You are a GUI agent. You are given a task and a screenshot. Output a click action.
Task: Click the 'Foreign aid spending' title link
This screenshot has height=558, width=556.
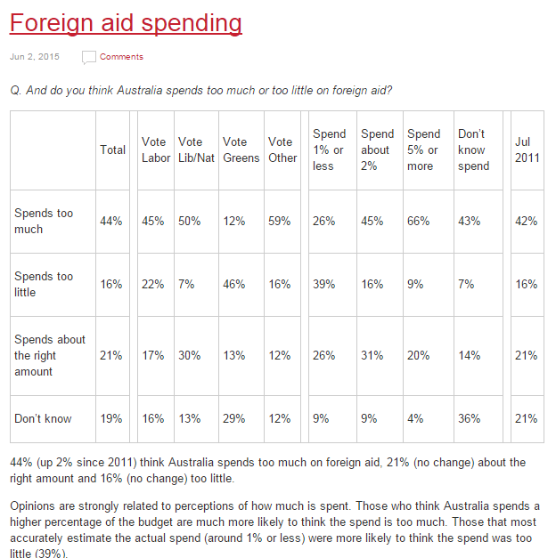[x=126, y=23]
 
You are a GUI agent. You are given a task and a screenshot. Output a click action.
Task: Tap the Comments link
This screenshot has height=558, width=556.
[x=121, y=57]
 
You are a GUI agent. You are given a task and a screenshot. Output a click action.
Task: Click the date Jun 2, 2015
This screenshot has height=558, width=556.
[x=35, y=57]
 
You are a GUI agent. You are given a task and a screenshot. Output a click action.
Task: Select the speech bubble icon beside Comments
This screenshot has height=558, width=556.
[x=89, y=57]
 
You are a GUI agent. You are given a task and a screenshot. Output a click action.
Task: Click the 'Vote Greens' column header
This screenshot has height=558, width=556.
[x=241, y=150]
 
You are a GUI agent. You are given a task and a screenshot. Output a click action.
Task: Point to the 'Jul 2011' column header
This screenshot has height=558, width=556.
[x=527, y=150]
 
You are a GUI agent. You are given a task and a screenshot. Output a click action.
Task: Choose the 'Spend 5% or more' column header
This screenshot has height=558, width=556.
[x=424, y=150]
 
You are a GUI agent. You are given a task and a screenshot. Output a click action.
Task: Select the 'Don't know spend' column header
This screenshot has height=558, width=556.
[x=473, y=150]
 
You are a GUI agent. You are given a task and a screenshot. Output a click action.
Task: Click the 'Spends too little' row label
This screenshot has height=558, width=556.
[x=44, y=284]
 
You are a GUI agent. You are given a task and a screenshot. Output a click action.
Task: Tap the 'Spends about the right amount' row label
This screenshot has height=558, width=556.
[x=50, y=355]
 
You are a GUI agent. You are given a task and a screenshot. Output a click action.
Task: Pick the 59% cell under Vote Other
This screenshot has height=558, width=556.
[x=280, y=221]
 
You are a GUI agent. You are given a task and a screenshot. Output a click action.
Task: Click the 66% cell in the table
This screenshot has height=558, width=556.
[x=419, y=221]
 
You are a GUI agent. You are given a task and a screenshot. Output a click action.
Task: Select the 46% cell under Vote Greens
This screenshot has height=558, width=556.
[x=234, y=284]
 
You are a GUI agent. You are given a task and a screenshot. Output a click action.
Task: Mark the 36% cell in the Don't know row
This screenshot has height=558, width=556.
[x=469, y=418]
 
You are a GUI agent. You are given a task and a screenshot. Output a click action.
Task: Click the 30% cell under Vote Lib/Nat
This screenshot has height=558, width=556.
[x=189, y=355]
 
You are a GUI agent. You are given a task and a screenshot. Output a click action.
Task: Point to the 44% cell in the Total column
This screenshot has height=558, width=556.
[x=110, y=221]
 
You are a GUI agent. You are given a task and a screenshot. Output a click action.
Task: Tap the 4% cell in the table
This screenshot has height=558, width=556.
[x=415, y=418]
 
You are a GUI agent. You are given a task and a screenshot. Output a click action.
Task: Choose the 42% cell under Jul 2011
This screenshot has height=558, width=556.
[x=526, y=221]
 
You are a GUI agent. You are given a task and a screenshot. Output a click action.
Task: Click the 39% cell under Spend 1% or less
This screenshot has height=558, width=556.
[x=324, y=284]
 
